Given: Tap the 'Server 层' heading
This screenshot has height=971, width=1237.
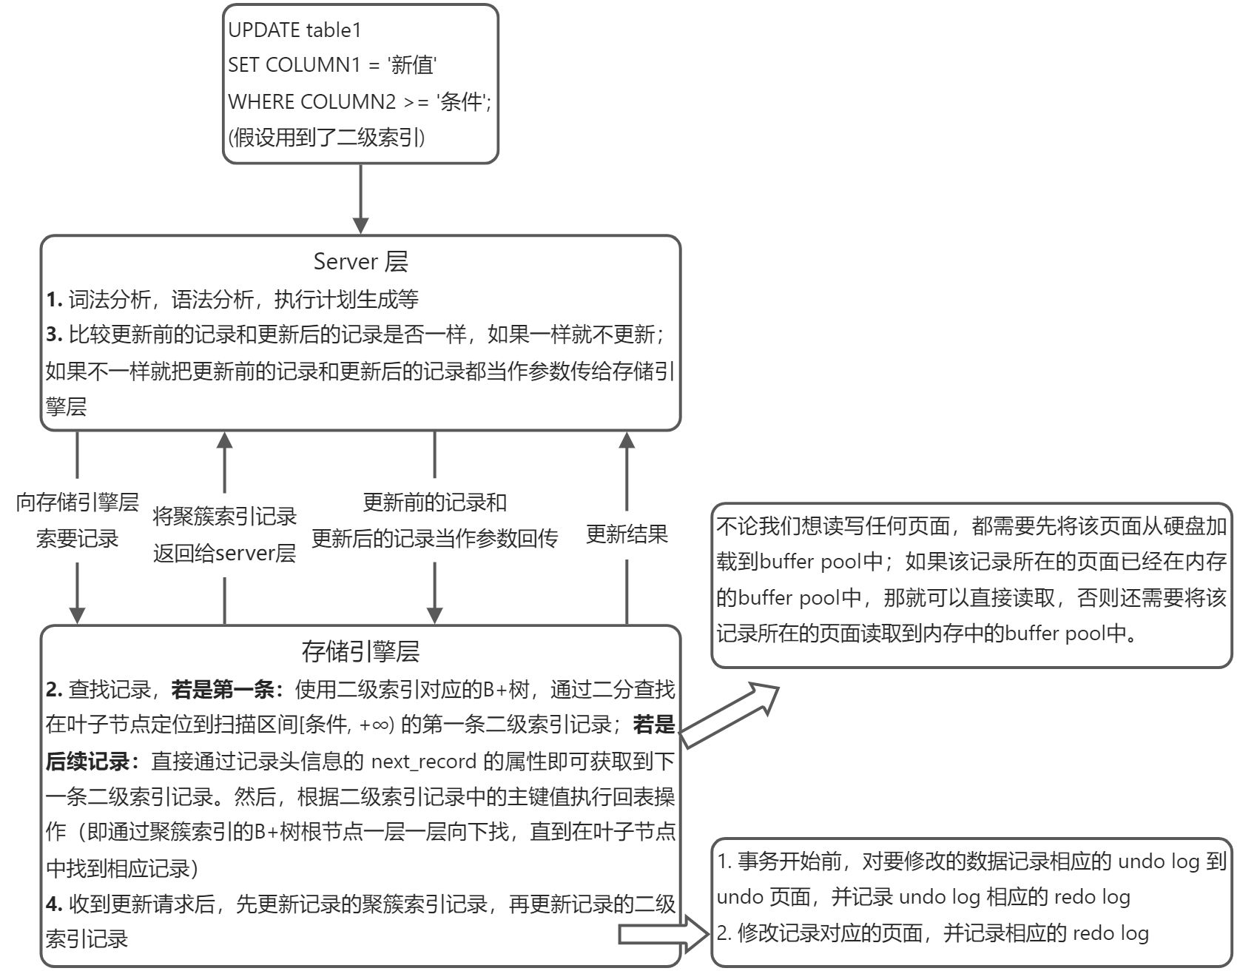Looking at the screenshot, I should point(360,261).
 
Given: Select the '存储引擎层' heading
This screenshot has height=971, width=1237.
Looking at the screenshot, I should point(360,651).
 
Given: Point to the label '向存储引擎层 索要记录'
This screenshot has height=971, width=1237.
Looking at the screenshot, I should point(78,520).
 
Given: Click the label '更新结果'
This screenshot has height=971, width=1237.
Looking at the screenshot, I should point(627,534).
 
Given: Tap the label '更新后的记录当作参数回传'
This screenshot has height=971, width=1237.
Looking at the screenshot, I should point(434,539).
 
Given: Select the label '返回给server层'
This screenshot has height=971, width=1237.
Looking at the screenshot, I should point(224,553).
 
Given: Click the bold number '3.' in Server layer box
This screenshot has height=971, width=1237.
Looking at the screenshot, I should point(54,335).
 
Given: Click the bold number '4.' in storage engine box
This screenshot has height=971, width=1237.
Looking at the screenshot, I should point(54,904).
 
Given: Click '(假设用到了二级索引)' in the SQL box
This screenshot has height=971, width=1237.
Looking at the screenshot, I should point(326,137).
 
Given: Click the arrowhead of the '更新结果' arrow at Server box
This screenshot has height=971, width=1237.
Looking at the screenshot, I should point(627,440).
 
